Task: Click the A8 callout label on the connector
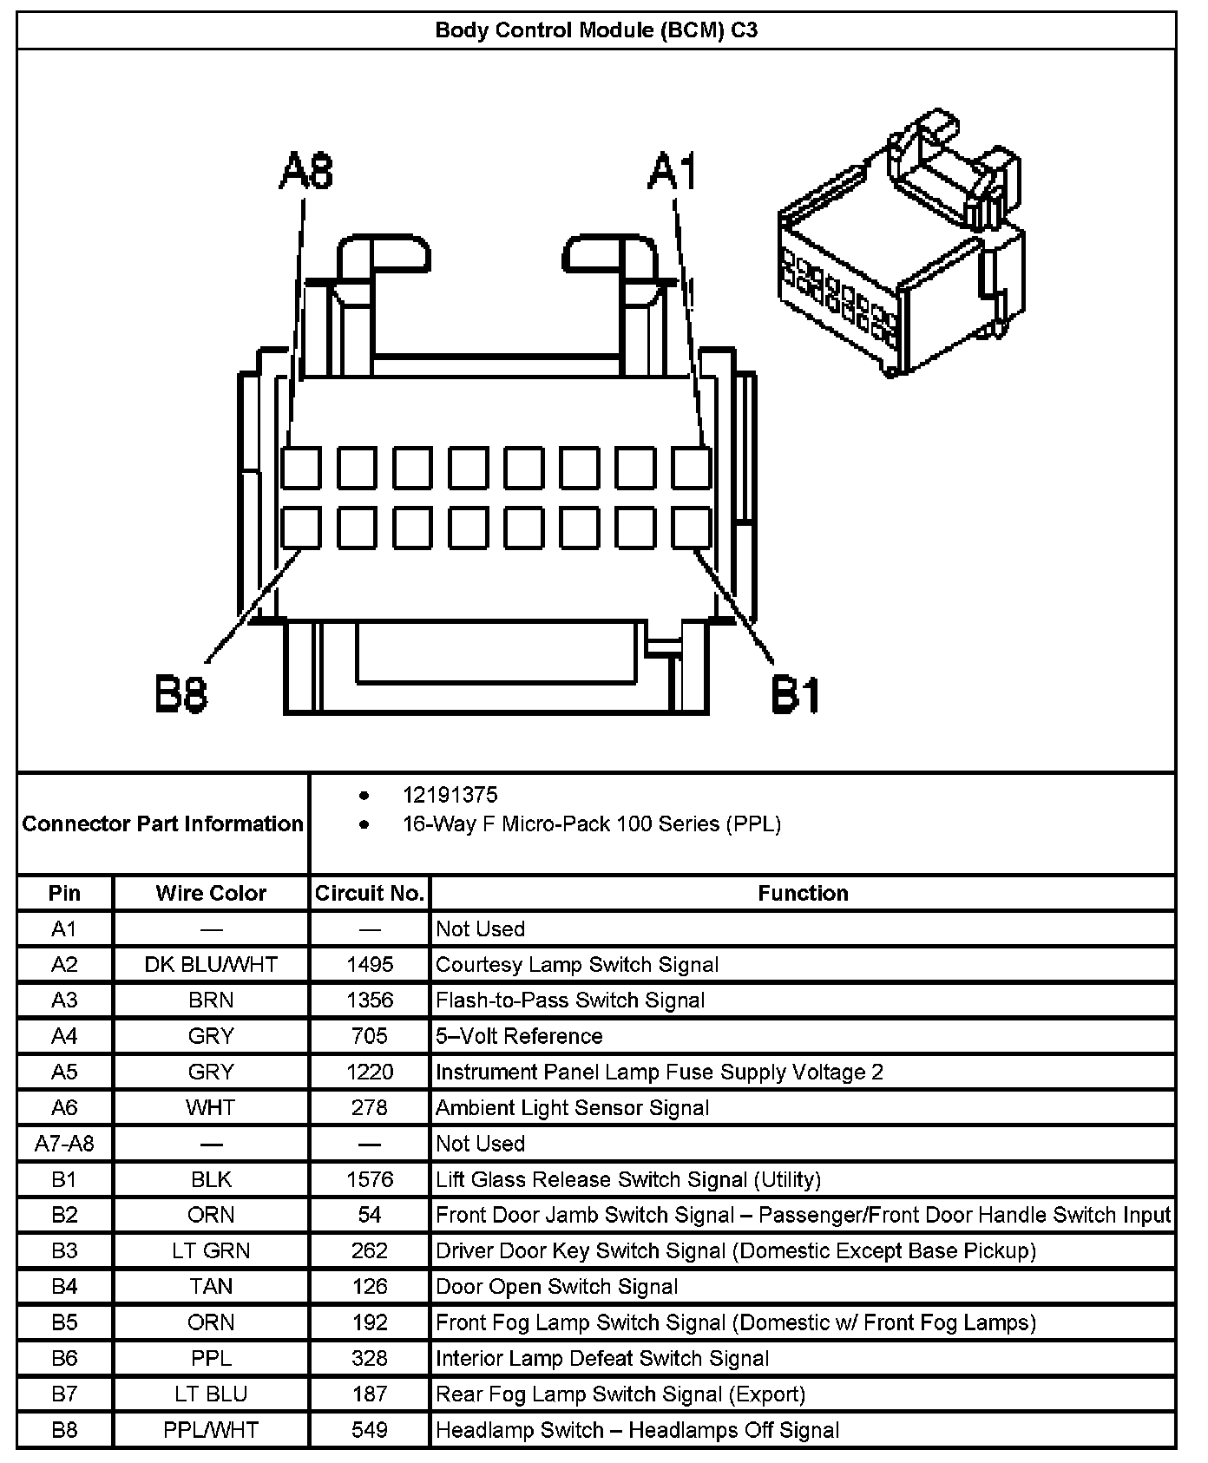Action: tap(305, 172)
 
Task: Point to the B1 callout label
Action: tap(795, 695)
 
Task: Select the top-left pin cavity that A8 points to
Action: tap(300, 469)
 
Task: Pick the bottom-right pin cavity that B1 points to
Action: tap(691, 528)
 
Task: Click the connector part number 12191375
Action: tap(450, 795)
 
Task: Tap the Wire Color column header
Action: tap(211, 893)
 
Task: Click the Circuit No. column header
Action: tap(370, 893)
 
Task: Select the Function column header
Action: tap(803, 893)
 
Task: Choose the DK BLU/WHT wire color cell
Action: tap(211, 964)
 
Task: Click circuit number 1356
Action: tap(370, 1000)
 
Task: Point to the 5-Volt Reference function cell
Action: tap(519, 1036)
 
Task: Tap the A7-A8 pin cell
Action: tap(64, 1144)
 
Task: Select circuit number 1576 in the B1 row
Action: tap(370, 1179)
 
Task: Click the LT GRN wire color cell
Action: tap(211, 1250)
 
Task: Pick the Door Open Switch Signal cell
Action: tap(556, 1286)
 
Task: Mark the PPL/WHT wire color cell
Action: tap(211, 1429)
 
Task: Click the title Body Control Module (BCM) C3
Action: tap(596, 30)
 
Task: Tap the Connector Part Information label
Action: tap(163, 823)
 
